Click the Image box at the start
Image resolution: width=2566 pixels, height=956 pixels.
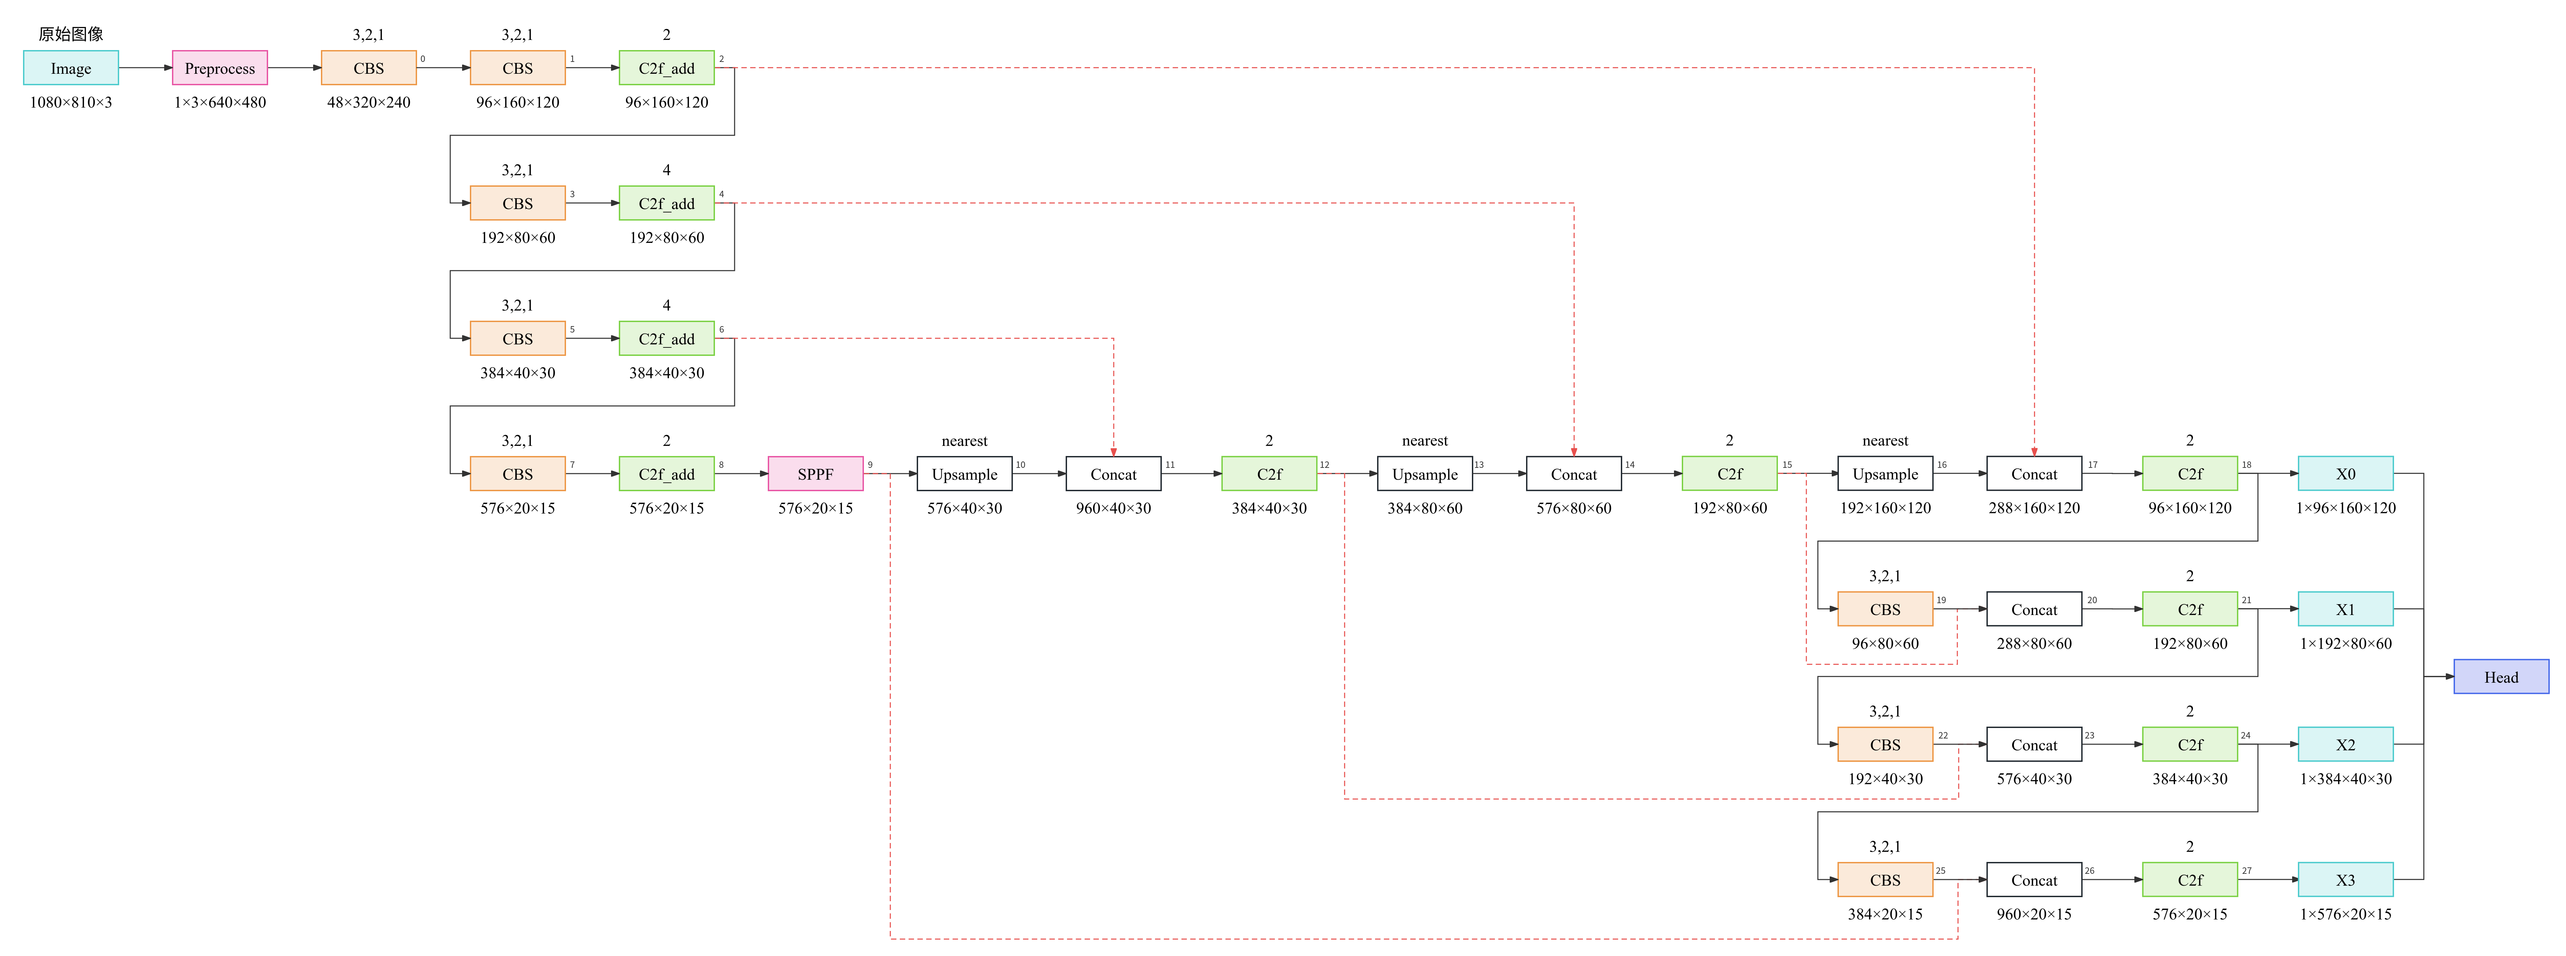pos(71,68)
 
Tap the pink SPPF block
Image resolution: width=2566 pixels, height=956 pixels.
pos(815,474)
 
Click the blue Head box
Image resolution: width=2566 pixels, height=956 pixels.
pos(2500,677)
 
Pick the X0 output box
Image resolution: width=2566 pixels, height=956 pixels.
pos(2345,474)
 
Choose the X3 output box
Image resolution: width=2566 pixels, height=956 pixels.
pos(2345,880)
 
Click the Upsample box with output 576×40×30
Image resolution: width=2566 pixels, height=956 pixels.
pos(964,474)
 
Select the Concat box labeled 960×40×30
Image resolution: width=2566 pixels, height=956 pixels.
pos(1113,474)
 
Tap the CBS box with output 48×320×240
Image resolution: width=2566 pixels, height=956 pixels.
pos(369,68)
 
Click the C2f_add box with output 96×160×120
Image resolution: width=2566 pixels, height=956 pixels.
pos(667,68)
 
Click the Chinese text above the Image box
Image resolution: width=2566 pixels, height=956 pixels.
pos(71,34)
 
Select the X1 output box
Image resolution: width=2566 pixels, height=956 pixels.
pos(2345,610)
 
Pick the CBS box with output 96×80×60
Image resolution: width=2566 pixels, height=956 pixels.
pos(1885,610)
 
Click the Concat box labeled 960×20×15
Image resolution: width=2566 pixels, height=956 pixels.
pos(2033,880)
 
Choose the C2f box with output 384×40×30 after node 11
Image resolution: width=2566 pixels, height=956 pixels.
pos(1269,474)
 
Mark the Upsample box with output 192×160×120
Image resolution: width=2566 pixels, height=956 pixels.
pos(1885,474)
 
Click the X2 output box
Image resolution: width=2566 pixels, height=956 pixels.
pos(2345,745)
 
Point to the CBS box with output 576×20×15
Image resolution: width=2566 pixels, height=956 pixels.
pos(517,474)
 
